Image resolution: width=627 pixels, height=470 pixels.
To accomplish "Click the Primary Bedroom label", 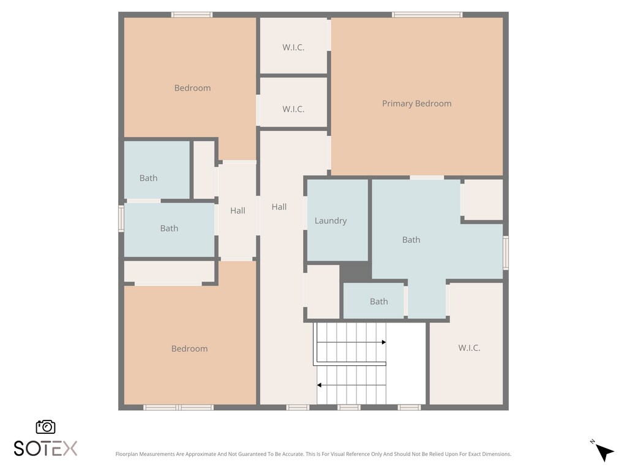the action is [x=416, y=103].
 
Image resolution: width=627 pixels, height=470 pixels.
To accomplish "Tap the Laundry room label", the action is [x=331, y=220].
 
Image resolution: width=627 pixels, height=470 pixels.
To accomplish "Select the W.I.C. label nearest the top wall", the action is [x=293, y=47].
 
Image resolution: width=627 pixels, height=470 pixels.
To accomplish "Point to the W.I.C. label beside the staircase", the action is [x=469, y=348].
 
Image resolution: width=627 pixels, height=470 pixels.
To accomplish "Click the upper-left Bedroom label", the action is [x=192, y=88].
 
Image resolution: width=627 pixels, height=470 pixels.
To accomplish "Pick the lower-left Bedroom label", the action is [x=190, y=348].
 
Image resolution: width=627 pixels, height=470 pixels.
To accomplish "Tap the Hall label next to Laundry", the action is [x=279, y=207].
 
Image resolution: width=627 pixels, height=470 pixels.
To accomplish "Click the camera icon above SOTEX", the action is [x=45, y=427].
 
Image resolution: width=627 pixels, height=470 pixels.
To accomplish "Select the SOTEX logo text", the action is [x=45, y=449].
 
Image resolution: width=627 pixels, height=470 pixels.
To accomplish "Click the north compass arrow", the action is [x=604, y=452].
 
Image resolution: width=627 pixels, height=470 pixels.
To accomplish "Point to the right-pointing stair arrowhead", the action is [x=384, y=342].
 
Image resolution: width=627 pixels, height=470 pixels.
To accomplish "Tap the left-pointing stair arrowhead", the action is [x=319, y=385].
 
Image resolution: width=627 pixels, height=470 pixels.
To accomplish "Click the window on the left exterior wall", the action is [x=121, y=218].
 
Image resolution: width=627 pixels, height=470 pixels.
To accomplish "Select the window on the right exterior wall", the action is [x=506, y=253].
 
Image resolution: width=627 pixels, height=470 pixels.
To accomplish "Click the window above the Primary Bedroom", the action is [x=427, y=15].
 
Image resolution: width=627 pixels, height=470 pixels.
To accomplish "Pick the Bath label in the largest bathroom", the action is [x=411, y=240].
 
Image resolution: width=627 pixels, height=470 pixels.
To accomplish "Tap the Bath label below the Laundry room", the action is [x=378, y=301].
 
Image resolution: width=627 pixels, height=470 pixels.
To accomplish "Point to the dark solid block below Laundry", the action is [x=356, y=272].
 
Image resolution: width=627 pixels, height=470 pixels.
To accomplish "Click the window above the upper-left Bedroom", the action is [x=192, y=15].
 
